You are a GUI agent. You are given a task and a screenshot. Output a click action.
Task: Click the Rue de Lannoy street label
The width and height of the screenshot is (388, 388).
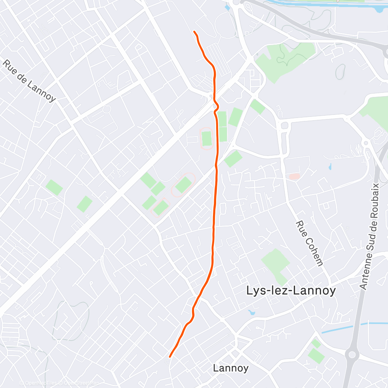coord(29,80)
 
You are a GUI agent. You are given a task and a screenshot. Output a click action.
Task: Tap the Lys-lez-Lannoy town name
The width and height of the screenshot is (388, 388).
coord(291,291)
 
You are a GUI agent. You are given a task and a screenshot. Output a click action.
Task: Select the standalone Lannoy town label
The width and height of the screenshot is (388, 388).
coord(231,368)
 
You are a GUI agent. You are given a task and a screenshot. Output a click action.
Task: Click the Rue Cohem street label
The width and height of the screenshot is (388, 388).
coord(309,243)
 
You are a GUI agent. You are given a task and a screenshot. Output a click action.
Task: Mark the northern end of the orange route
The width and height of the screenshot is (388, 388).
coord(194,31)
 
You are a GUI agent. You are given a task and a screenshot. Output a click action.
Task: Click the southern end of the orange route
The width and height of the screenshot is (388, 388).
coord(170,356)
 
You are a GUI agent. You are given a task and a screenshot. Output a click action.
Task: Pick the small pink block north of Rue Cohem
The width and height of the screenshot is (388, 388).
coord(294,177)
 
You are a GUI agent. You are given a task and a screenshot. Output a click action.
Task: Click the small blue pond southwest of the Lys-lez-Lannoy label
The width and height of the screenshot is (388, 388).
coord(252,312)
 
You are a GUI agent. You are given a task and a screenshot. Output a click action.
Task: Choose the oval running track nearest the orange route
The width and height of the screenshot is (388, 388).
coord(206,139)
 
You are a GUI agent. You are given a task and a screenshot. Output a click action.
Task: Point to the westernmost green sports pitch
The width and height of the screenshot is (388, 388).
coord(54,187)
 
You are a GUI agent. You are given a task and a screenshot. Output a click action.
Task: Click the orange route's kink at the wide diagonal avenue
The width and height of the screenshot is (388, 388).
coord(217,106)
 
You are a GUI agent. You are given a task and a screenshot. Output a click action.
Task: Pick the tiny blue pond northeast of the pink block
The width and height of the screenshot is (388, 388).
coord(330,167)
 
